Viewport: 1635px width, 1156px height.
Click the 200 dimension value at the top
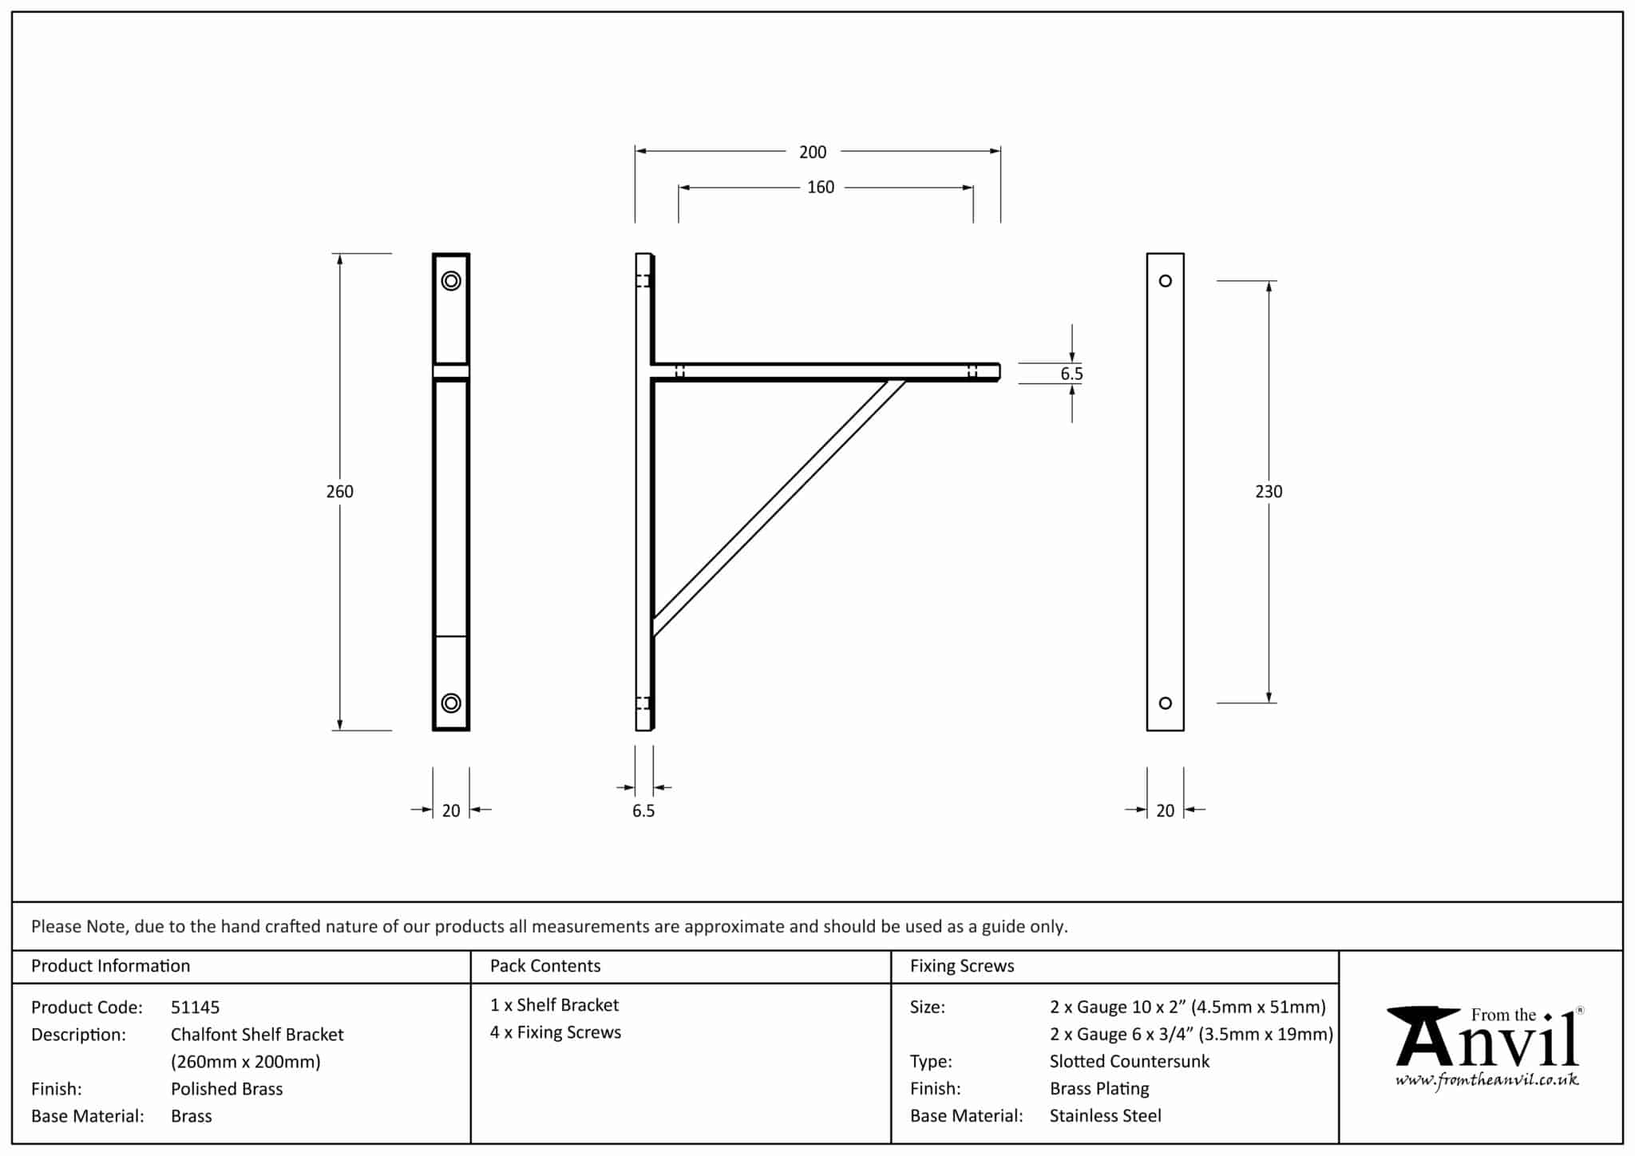(x=813, y=152)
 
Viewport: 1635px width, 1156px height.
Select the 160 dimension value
(x=820, y=187)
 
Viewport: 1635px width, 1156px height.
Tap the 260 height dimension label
(x=339, y=491)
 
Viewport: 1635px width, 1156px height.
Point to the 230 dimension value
(x=1268, y=492)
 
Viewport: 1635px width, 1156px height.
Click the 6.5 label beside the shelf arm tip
(x=1071, y=374)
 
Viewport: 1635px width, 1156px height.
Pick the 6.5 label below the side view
(x=643, y=810)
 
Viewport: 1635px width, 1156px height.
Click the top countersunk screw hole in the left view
(x=451, y=281)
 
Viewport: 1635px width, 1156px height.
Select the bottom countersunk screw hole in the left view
(x=451, y=703)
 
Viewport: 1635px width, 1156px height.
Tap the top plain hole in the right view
(x=1165, y=281)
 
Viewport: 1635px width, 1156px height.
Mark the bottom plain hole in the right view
(x=1165, y=703)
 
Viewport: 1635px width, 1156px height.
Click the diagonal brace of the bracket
(x=778, y=507)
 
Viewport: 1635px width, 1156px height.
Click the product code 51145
(x=195, y=1007)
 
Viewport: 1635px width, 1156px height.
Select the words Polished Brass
(x=227, y=1088)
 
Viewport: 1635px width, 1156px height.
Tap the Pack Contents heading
(x=544, y=965)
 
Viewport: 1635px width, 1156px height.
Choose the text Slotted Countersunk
(x=1129, y=1061)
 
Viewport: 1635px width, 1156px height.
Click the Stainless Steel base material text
(x=1105, y=1115)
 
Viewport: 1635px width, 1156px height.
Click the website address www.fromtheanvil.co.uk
(x=1487, y=1080)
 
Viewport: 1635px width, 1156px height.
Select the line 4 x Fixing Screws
(x=555, y=1032)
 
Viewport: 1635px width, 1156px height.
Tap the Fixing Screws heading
(x=961, y=965)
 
